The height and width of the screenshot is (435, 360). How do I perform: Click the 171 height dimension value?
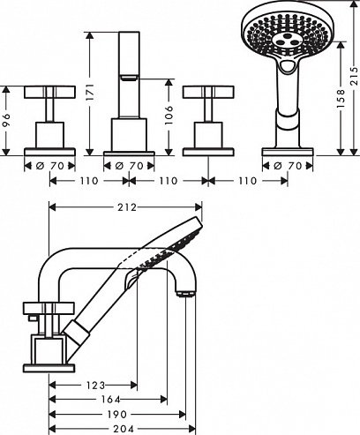click(x=91, y=92)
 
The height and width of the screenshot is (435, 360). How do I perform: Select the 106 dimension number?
click(x=169, y=115)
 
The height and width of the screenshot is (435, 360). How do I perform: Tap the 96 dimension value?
click(x=6, y=120)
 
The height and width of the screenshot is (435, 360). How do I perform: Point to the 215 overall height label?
click(x=355, y=76)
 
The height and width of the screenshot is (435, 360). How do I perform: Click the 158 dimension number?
click(x=341, y=98)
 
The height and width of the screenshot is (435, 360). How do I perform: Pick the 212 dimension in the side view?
click(x=127, y=207)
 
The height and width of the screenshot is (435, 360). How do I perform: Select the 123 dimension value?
click(x=96, y=385)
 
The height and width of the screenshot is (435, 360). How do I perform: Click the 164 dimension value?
click(x=110, y=400)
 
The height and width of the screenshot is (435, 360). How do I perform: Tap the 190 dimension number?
click(x=117, y=415)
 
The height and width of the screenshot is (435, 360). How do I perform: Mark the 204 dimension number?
click(x=124, y=429)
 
